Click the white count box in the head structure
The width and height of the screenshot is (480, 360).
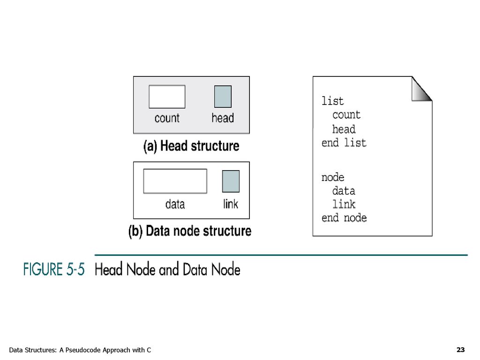(167, 97)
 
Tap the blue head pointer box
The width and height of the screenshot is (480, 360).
(223, 97)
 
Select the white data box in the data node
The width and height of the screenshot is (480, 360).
(175, 181)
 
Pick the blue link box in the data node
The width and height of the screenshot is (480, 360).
(231, 181)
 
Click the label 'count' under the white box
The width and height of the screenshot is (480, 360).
(167, 118)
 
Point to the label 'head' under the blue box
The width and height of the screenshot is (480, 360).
(223, 118)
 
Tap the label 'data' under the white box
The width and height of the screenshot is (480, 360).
(175, 204)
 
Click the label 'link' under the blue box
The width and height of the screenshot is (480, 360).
(231, 204)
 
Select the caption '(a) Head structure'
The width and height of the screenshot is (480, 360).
(191, 146)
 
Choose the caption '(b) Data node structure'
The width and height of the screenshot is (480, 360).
(190, 231)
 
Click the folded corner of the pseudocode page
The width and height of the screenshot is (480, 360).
(422, 89)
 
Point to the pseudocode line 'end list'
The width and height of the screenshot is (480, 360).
(344, 143)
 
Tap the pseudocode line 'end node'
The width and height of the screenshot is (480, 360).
(344, 218)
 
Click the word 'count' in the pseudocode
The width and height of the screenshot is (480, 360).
(346, 115)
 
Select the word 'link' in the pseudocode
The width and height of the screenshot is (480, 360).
(344, 204)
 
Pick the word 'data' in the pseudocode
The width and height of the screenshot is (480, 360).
(344, 191)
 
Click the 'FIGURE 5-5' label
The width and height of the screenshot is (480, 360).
(54, 270)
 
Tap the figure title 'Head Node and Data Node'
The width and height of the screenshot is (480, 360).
(167, 270)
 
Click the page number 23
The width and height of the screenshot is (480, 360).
(460, 350)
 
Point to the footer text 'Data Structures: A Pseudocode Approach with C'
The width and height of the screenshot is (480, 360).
(80, 350)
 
